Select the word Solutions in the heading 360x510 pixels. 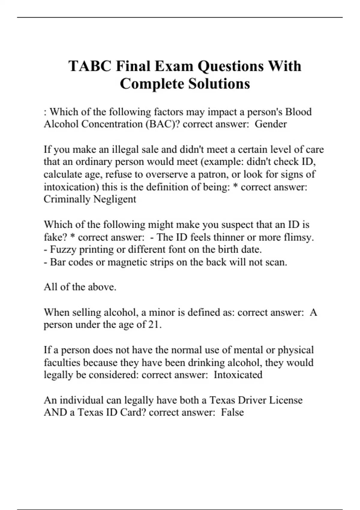tap(219, 84)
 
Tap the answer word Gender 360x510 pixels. tap(271, 124)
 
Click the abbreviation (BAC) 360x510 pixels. tap(163, 124)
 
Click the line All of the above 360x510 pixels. tap(80, 287)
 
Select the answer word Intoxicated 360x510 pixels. tap(238, 375)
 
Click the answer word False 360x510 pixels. tap(232, 412)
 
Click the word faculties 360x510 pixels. tap(62, 362)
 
